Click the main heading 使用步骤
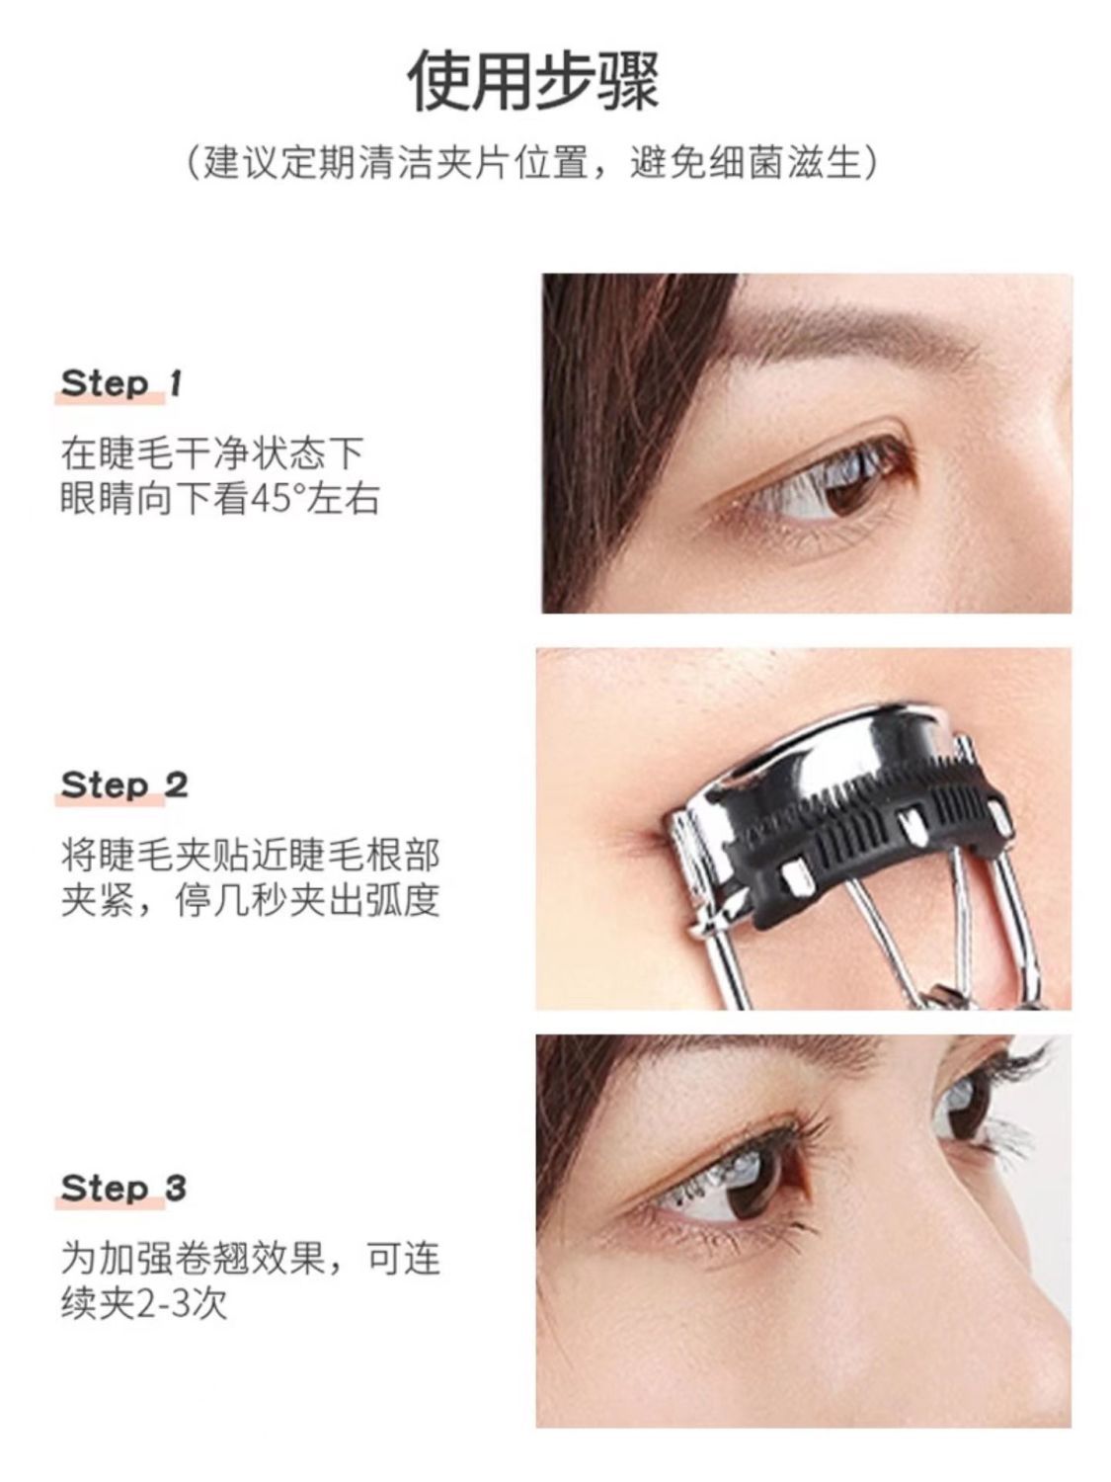click(x=534, y=80)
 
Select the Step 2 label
click(x=124, y=785)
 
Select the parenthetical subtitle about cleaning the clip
click(x=533, y=163)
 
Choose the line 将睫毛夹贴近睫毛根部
click(x=250, y=854)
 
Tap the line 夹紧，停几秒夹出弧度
click(x=250, y=900)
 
